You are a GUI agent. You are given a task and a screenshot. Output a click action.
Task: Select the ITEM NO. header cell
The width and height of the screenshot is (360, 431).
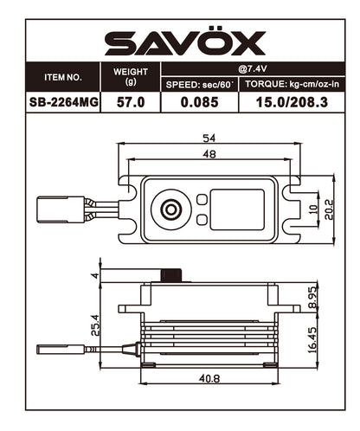tap(62, 77)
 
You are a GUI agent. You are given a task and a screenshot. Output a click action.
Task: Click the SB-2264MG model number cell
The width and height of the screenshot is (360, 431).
tap(62, 103)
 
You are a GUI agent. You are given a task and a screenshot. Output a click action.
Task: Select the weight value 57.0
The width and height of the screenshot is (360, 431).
tap(132, 103)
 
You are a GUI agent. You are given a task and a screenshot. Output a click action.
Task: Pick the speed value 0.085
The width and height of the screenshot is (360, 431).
tap(200, 103)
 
